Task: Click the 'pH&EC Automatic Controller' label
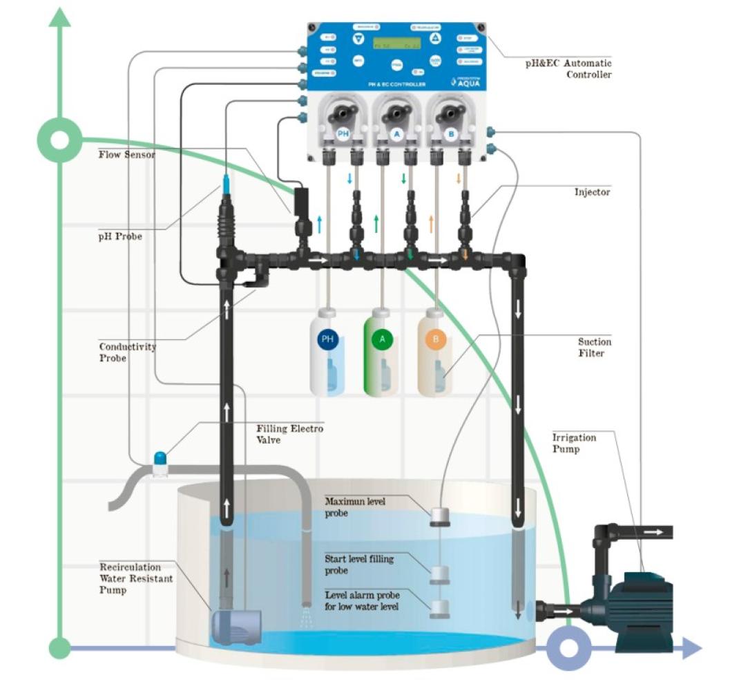coord(568,68)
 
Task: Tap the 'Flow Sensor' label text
coord(126,155)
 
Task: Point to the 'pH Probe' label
coord(120,236)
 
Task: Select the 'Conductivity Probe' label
coord(127,352)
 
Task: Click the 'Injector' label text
coord(592,192)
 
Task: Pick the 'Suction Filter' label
coord(594,348)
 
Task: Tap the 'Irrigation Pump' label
coord(574,444)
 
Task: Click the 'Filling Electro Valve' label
coord(289,434)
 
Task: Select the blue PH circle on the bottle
coord(327,339)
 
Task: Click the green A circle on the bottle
coord(381,339)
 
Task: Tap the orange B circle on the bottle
coord(435,339)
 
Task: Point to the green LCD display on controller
coord(396,44)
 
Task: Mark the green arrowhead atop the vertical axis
coord(61,17)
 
